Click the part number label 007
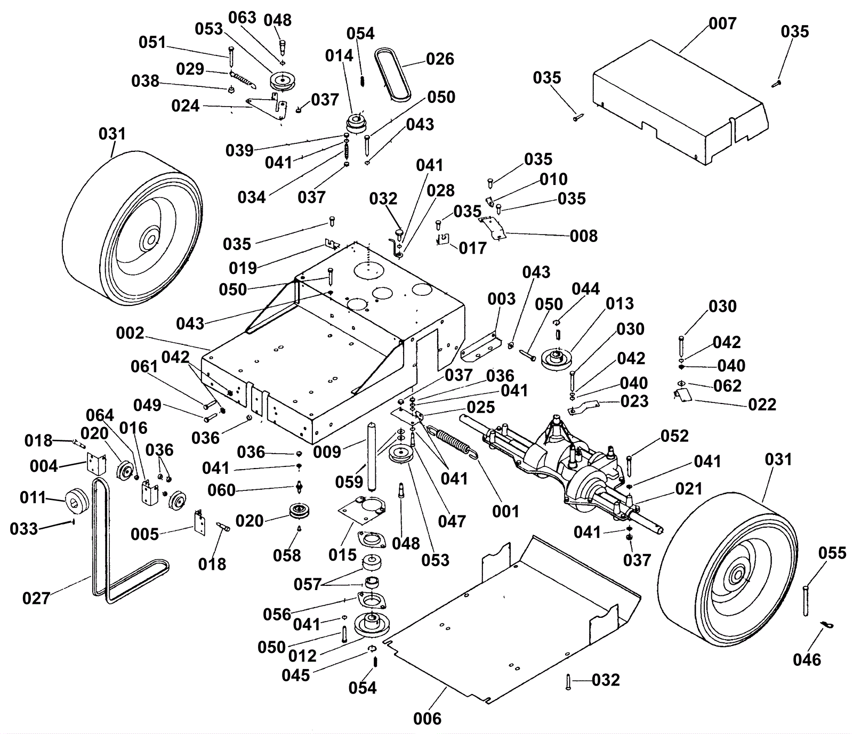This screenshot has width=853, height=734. tap(722, 23)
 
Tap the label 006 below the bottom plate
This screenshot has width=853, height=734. tap(427, 719)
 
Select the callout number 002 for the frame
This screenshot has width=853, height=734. tap(130, 333)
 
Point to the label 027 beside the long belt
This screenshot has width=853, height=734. tap(36, 598)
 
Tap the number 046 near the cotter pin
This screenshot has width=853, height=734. tap(807, 659)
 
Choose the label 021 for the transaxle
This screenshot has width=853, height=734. tap(688, 488)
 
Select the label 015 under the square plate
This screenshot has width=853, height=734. tap(342, 555)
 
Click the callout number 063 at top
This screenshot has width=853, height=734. tap(242, 18)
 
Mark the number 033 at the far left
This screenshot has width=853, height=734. tap(23, 529)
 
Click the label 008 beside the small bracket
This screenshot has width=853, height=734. tap(583, 236)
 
